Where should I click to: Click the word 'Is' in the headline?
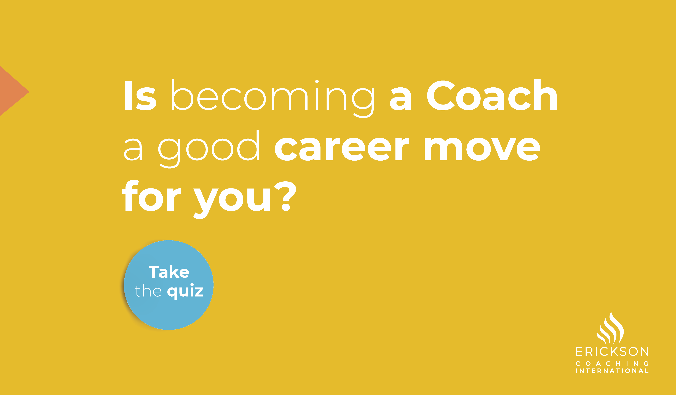(x=140, y=95)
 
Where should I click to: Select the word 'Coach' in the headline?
(x=492, y=95)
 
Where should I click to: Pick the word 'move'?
(x=482, y=149)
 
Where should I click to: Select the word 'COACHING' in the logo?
(x=612, y=363)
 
